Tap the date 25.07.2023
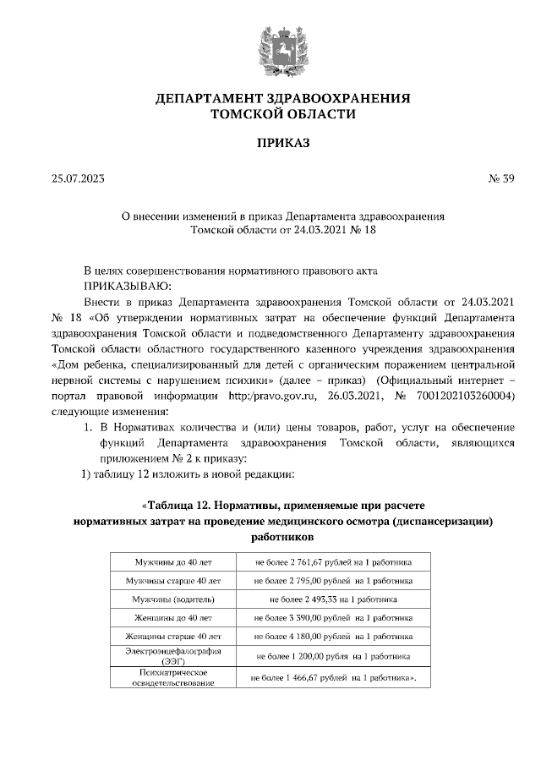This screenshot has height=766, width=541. click(x=79, y=178)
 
